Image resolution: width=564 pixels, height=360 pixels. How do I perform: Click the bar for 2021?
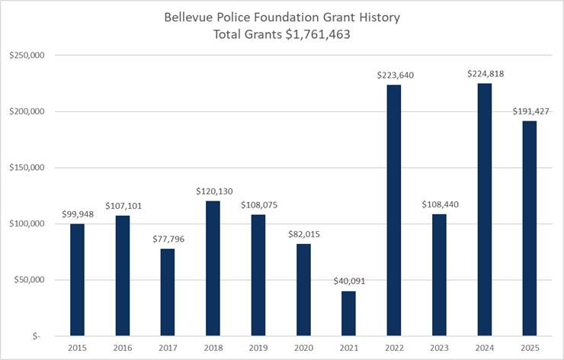point(348,313)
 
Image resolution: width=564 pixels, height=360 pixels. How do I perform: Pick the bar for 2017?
point(167,291)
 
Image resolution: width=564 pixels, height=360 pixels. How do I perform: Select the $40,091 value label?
point(348,281)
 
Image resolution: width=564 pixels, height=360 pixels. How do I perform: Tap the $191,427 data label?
point(529,111)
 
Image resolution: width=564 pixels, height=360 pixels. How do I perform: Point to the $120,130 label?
point(213,191)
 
